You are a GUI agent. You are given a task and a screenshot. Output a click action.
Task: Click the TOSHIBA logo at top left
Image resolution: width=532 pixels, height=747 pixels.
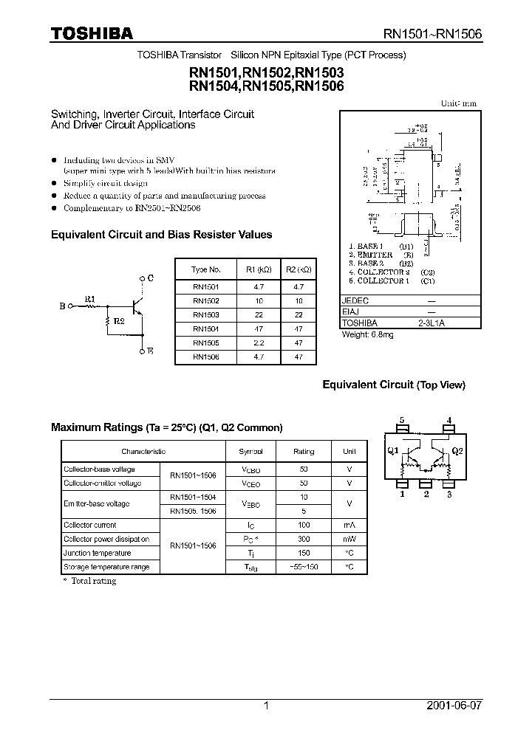pos(92,34)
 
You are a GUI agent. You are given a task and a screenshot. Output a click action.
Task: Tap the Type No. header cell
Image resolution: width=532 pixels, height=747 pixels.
pos(206,269)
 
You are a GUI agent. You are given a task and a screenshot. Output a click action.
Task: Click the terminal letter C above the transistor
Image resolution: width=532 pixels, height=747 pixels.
pos(150,278)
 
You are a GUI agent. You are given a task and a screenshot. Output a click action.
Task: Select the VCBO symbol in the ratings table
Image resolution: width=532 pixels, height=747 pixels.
pos(250,469)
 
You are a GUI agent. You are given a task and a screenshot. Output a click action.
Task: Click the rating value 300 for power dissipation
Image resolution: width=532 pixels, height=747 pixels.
pos(304,539)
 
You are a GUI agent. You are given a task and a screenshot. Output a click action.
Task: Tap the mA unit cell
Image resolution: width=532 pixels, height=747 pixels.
pos(349,525)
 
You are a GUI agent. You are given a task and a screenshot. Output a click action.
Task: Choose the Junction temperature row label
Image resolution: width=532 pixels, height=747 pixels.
pos(97,553)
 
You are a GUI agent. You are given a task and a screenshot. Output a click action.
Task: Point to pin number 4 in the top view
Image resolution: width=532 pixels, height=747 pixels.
pos(449,421)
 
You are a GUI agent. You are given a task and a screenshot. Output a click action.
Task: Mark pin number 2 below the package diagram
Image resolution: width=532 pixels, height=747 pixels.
pos(426,495)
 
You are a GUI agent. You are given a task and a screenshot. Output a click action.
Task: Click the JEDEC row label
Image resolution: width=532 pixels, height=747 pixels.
pos(355,301)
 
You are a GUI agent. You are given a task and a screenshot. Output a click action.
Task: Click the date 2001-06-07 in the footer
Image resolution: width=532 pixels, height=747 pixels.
pos(454,706)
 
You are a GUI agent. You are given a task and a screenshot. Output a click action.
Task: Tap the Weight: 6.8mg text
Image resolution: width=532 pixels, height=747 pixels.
pos(367,334)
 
